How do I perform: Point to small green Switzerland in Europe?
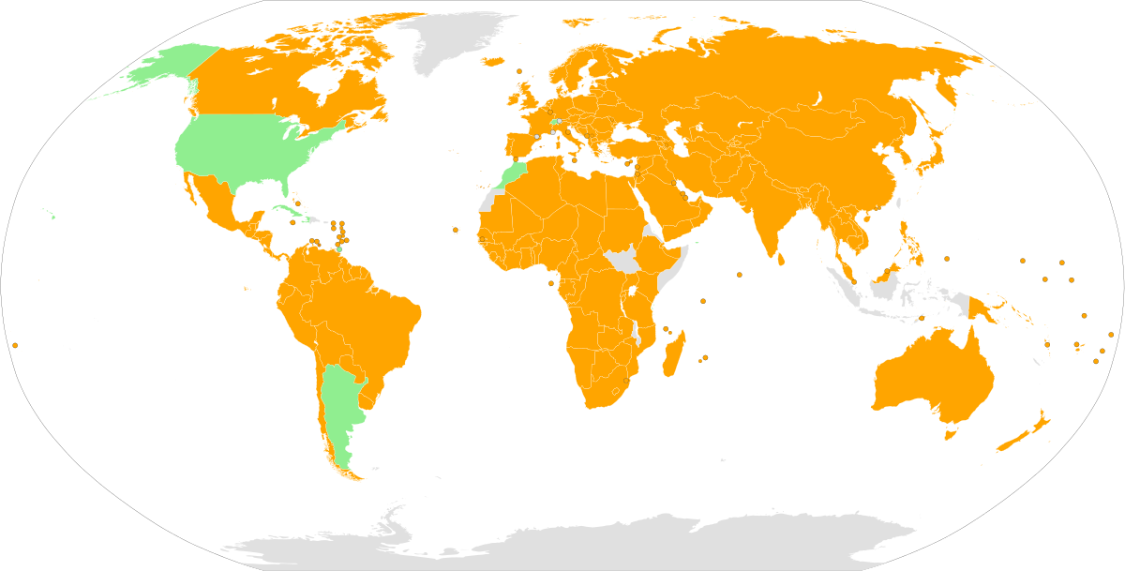tap(554, 122)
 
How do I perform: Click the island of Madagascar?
tap(673, 356)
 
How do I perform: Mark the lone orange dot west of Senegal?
tap(455, 230)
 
